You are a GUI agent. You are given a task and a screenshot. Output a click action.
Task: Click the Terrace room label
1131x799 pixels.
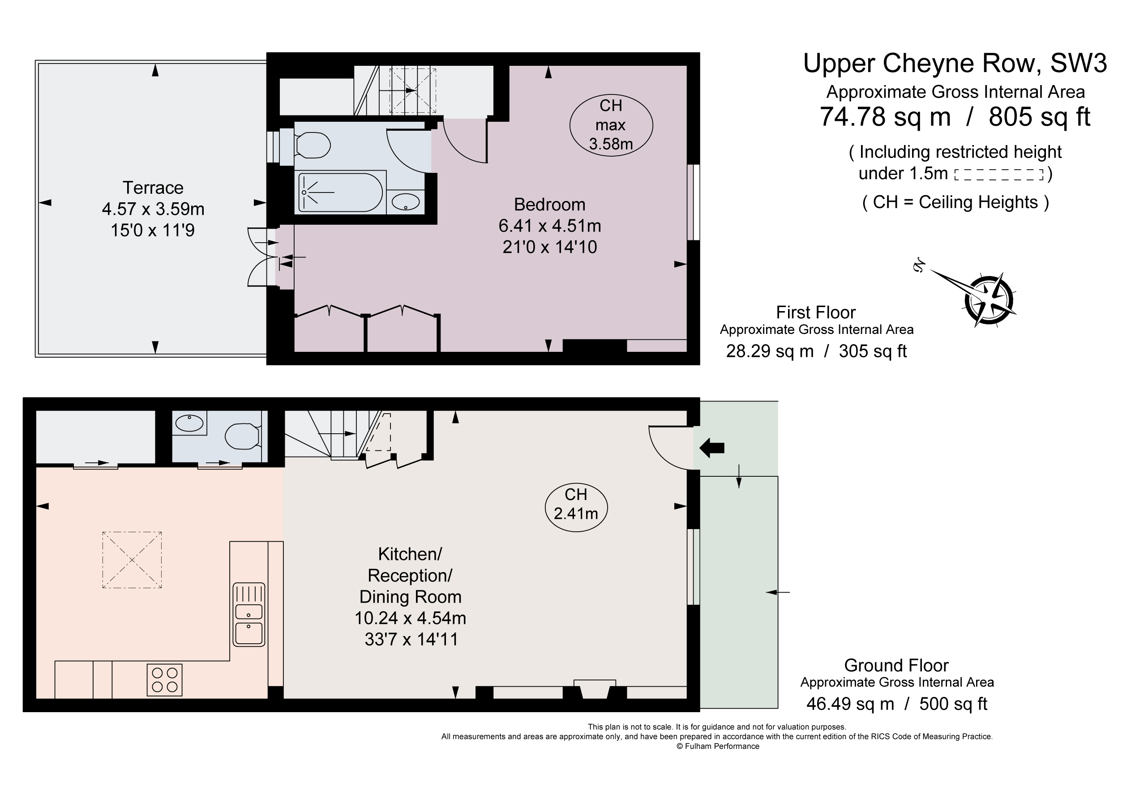(x=153, y=188)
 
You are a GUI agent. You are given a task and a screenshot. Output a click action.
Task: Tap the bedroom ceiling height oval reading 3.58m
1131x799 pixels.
(x=611, y=125)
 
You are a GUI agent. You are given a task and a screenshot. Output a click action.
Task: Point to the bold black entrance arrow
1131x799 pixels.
(x=712, y=448)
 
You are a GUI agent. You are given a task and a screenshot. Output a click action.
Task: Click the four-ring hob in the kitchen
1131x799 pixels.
(x=164, y=680)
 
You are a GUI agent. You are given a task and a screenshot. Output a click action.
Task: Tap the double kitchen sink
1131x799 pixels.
(x=249, y=614)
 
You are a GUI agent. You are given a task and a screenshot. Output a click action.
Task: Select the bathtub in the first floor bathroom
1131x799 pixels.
(x=340, y=192)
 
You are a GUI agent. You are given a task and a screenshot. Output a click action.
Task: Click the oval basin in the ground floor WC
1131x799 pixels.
(x=189, y=423)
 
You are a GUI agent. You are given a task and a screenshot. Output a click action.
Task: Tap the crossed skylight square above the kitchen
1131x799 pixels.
(x=132, y=560)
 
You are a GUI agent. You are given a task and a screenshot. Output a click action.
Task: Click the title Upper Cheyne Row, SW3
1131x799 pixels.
(x=955, y=64)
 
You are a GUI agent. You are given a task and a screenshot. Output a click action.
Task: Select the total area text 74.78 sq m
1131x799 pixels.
(x=885, y=117)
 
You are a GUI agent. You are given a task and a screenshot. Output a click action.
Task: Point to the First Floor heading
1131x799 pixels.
(x=816, y=312)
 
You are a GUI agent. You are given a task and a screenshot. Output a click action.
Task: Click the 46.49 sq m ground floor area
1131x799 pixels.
(x=850, y=704)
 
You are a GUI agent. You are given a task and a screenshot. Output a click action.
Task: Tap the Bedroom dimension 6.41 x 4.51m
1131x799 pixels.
(x=550, y=226)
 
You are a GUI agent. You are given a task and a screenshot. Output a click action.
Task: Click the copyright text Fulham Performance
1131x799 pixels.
(x=718, y=746)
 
